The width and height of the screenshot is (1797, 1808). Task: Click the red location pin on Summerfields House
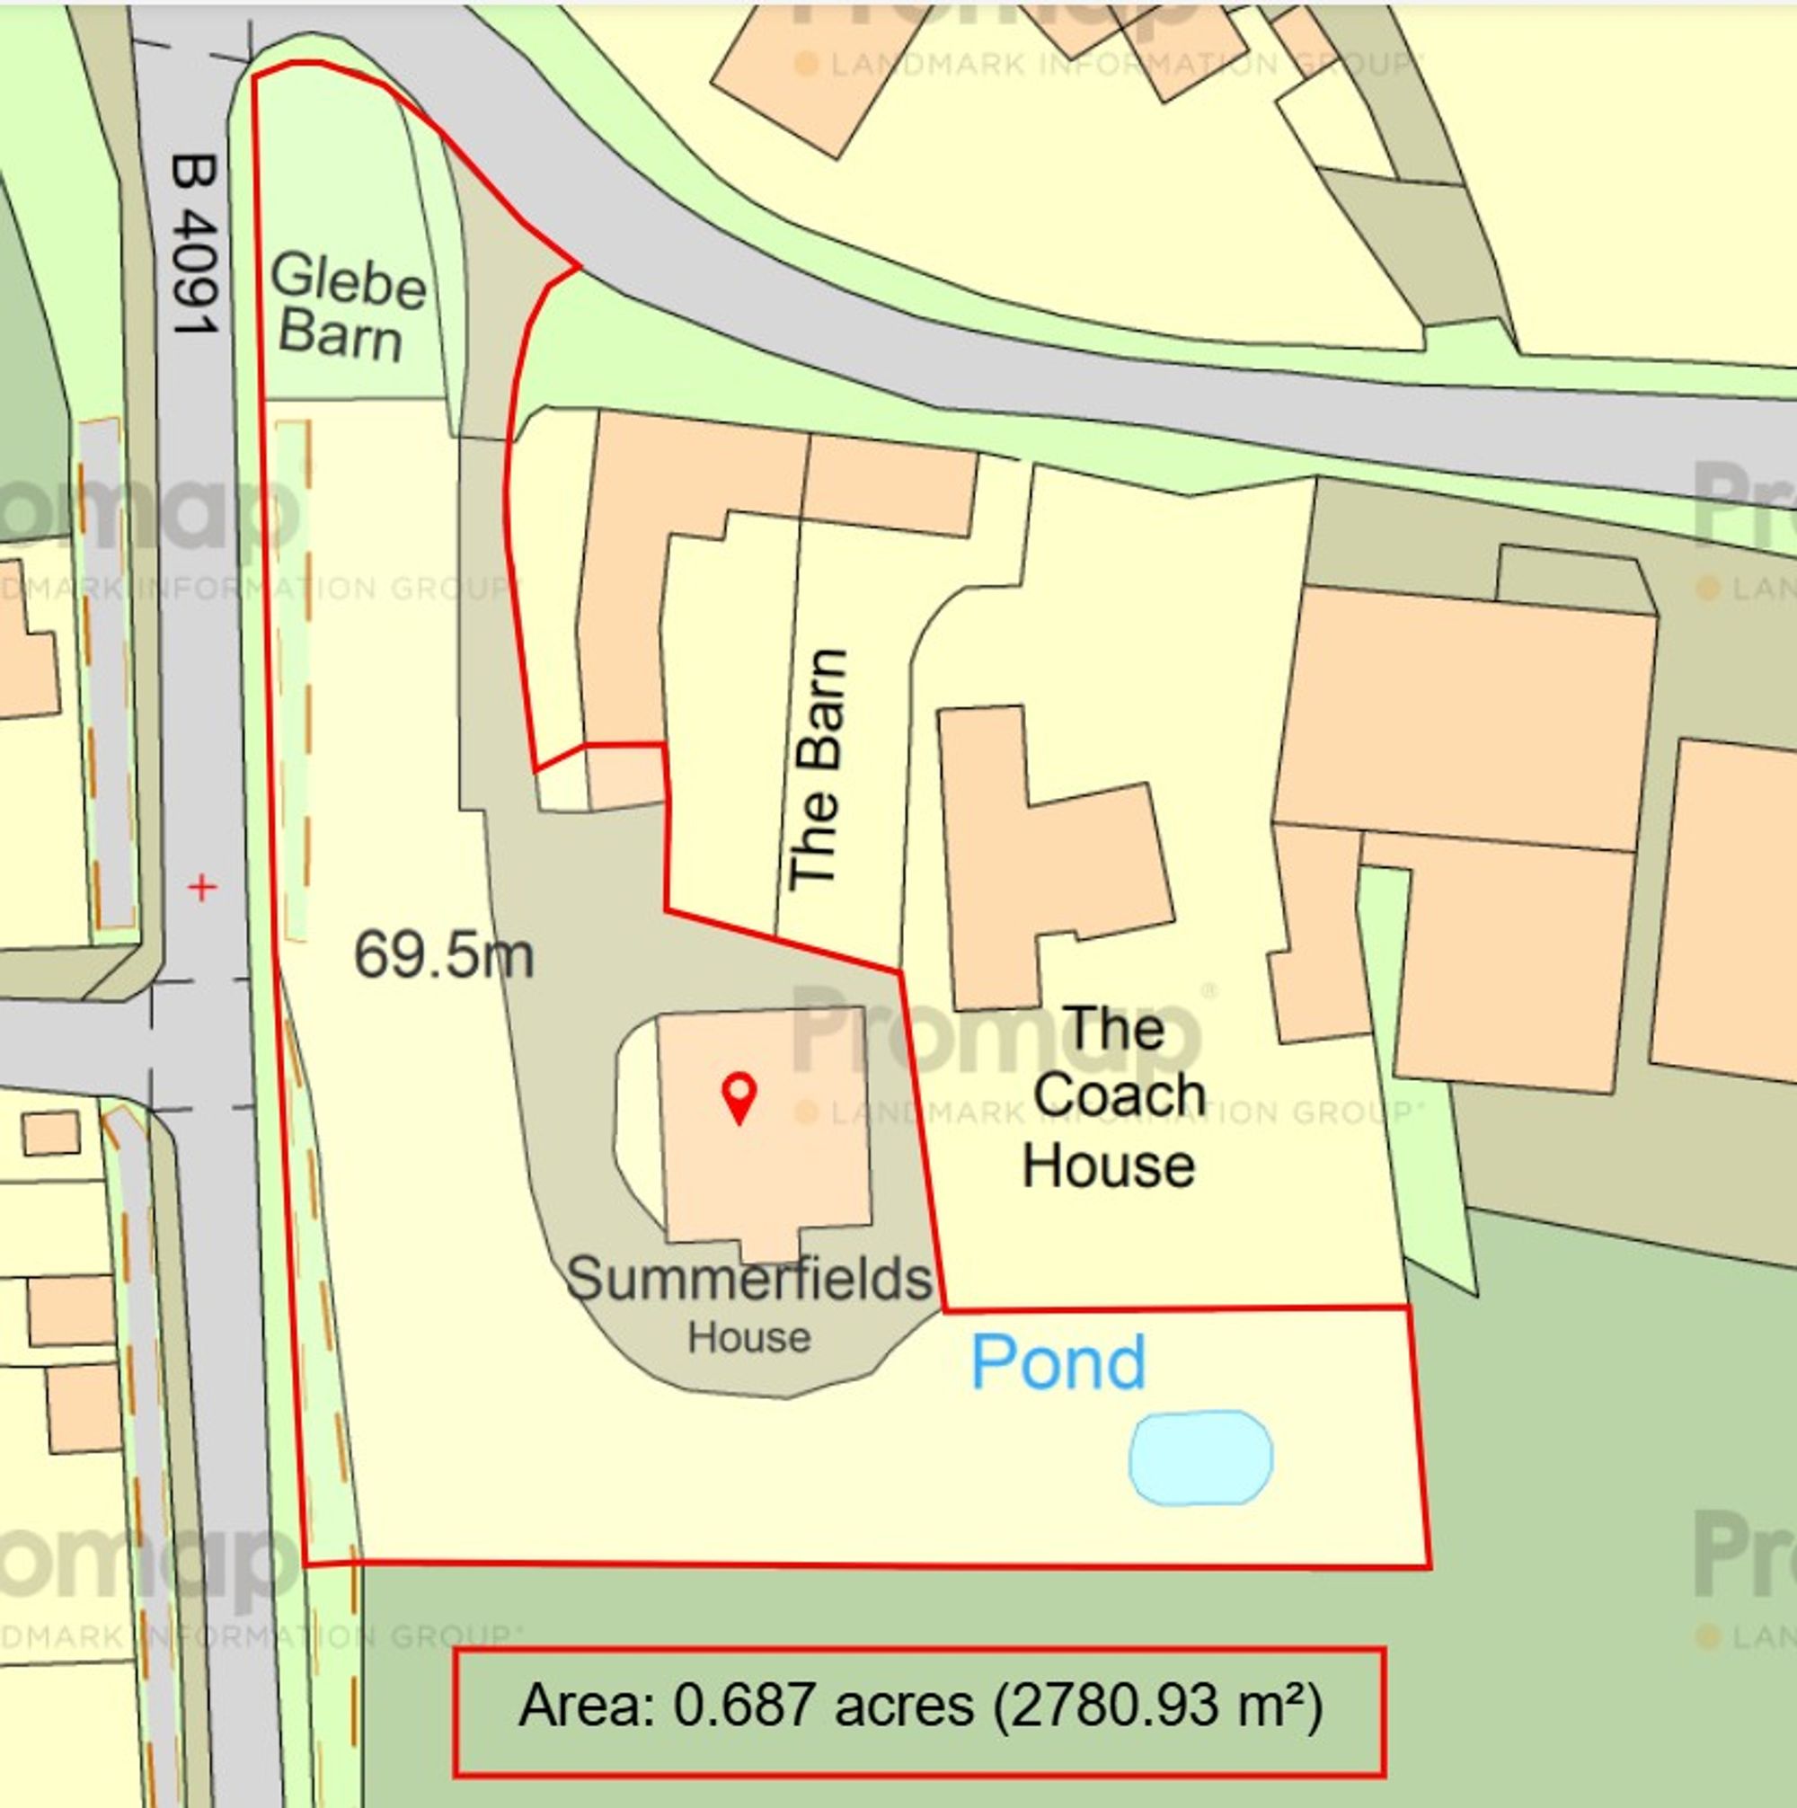click(739, 1097)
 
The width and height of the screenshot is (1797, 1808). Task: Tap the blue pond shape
click(1200, 1458)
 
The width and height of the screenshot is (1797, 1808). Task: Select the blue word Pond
click(1058, 1363)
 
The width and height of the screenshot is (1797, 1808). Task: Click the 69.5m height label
click(444, 955)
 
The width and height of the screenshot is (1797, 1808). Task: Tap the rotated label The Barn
click(817, 769)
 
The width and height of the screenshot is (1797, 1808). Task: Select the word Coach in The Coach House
click(1119, 1095)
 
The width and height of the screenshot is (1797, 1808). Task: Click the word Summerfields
click(748, 1280)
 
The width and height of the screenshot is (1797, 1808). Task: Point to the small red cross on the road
click(202, 886)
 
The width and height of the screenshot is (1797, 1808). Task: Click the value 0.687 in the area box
click(744, 1705)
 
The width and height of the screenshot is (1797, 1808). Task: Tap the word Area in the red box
click(587, 1705)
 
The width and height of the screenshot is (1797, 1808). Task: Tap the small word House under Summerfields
click(748, 1338)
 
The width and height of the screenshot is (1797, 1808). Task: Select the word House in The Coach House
click(1108, 1166)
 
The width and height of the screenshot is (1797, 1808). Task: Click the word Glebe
click(349, 279)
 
